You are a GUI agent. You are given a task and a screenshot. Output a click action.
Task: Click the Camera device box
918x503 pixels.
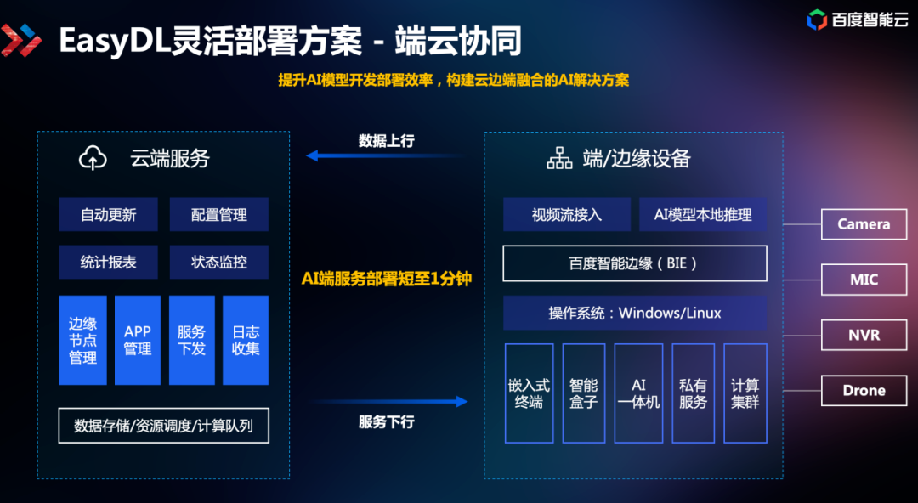coord(864,224)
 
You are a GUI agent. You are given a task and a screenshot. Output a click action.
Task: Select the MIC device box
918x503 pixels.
coord(864,280)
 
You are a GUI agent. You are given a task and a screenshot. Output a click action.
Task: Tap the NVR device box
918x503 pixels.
coord(864,335)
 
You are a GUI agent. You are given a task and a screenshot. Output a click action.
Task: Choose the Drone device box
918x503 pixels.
coord(864,391)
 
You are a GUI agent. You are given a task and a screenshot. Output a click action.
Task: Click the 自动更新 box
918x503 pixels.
coord(108,215)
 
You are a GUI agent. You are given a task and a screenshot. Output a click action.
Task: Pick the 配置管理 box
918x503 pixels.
coord(218,215)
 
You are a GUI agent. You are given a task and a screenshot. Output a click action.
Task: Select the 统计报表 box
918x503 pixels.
coord(108,263)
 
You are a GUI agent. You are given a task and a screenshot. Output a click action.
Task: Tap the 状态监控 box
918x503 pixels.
coord(218,263)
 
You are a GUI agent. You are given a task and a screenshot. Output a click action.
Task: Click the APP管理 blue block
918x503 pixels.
coord(137,340)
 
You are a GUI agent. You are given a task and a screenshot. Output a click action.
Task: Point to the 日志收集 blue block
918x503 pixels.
coord(246,340)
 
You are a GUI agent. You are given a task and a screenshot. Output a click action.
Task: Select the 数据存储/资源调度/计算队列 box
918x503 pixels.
coord(163,426)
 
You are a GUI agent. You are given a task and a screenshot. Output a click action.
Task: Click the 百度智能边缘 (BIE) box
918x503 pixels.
coord(634,263)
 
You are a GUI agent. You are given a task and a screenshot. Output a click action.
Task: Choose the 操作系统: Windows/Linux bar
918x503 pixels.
coord(634,313)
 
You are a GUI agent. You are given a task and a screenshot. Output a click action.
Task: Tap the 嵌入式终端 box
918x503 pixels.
coord(529,393)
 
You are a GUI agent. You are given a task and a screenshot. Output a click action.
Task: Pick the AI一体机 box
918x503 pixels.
coord(638,393)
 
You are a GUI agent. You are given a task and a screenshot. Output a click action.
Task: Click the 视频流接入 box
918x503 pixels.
coord(566,215)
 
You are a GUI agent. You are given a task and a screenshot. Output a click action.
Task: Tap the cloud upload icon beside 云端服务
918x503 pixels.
coord(93,158)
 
